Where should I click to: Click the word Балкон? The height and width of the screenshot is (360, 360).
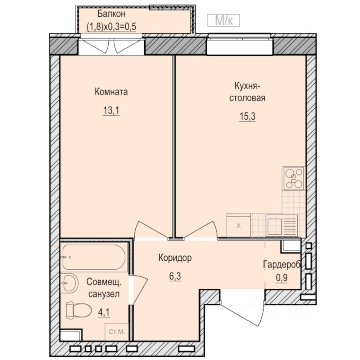pos(111,14)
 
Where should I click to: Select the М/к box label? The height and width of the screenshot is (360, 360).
pos(223,21)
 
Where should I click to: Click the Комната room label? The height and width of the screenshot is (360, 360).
pos(111,92)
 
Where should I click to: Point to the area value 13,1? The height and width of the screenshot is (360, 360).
pos(111,111)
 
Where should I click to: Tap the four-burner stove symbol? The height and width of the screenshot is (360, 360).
pos(294,178)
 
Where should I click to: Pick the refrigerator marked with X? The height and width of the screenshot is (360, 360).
pos(238,225)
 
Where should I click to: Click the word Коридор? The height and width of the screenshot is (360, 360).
pos(175,258)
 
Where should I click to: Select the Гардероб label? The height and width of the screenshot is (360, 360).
pos(282,264)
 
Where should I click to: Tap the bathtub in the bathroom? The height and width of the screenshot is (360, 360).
pos(94,257)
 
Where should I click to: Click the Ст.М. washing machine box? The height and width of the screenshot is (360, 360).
pos(116,332)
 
